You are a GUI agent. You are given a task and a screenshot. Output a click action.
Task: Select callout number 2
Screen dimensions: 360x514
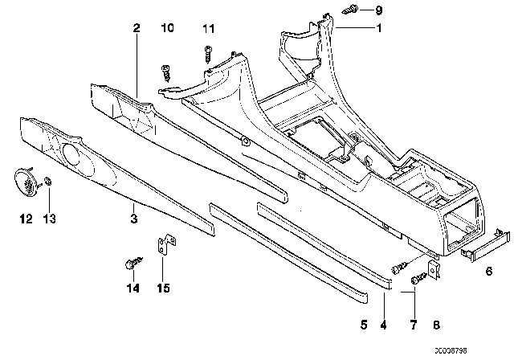tap(137, 28)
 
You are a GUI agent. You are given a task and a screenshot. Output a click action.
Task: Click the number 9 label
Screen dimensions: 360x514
tap(380, 10)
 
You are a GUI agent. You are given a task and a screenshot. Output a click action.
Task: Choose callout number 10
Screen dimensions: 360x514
tap(168, 29)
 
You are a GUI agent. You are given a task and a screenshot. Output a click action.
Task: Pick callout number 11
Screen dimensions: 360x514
tap(209, 29)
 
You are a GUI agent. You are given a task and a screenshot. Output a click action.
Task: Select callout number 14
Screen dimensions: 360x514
tap(132, 288)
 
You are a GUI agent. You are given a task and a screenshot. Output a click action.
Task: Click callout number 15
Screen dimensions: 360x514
tap(164, 288)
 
